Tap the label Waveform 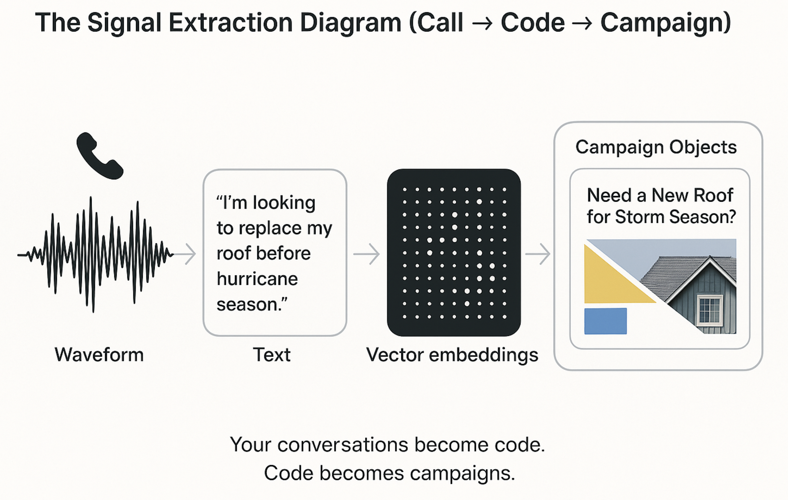99,355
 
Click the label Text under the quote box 272,355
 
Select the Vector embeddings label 452,355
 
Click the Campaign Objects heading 656,147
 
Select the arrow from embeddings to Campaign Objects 538,254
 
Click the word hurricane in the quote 257,279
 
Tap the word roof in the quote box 232,253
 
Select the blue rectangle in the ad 605,321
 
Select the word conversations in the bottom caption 343,445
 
